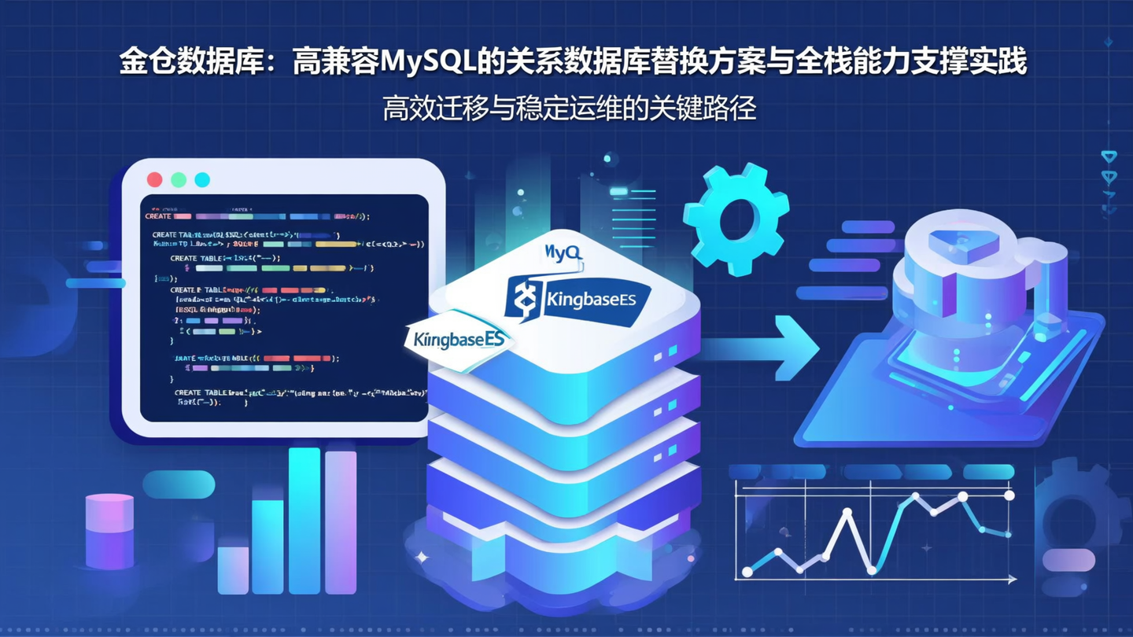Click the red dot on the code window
(x=155, y=179)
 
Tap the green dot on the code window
(x=179, y=179)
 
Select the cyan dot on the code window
(x=202, y=179)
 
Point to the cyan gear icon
(x=736, y=218)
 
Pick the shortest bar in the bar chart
(x=233, y=569)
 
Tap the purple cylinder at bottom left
(x=109, y=531)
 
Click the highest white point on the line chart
(x=1009, y=495)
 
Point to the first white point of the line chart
(x=747, y=572)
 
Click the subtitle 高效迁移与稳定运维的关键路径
(x=570, y=109)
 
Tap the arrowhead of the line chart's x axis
(x=1012, y=580)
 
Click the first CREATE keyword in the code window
(x=158, y=216)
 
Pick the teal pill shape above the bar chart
(x=179, y=484)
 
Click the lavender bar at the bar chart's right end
(x=341, y=522)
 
